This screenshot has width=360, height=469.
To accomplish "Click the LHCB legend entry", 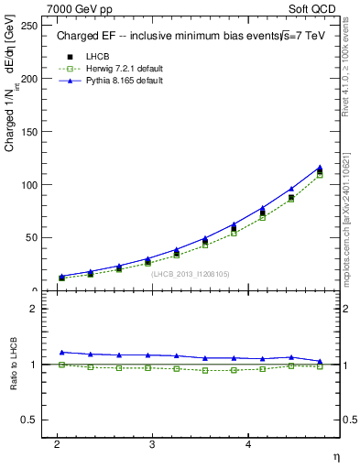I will tap(100, 56).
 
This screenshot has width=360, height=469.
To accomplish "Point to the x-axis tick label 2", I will tap(57, 443).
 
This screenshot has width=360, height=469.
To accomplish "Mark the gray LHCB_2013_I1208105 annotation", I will tap(191, 273).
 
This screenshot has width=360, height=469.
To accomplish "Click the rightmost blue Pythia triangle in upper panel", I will tap(320, 168).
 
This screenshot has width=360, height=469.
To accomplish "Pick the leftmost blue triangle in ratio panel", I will tap(61, 352).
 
